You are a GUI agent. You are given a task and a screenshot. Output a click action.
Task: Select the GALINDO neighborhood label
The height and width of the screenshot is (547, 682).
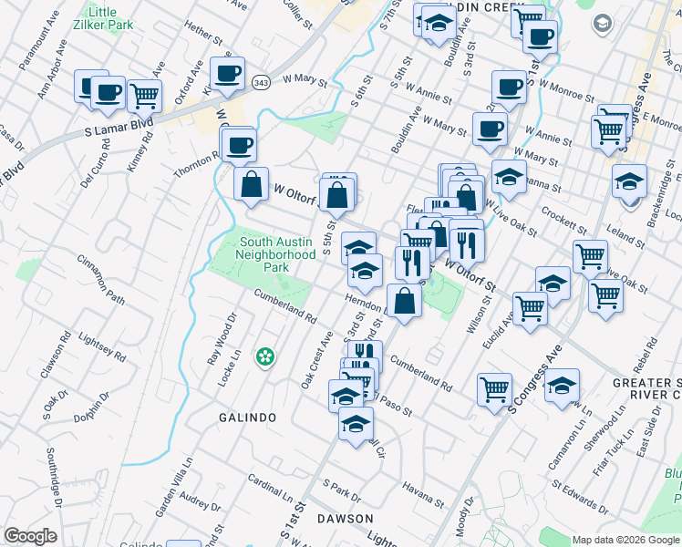coord(247,417)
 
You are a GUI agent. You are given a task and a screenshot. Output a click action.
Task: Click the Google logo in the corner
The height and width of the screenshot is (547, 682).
coord(29,537)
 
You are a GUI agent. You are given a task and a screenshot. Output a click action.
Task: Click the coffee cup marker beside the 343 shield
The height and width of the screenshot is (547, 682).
coord(227,74)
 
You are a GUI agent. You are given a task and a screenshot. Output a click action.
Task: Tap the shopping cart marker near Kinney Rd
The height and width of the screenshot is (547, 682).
coord(144,96)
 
